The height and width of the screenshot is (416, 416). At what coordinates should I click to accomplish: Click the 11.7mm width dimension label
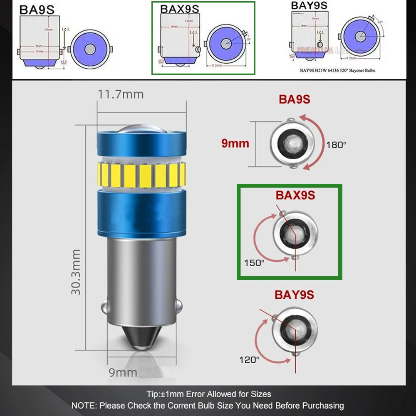click(121, 94)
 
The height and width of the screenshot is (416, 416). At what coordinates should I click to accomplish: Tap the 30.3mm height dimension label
click(76, 272)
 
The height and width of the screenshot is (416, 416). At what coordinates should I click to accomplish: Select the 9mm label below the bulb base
click(123, 372)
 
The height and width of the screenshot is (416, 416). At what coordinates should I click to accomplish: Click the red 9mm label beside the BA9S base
click(235, 144)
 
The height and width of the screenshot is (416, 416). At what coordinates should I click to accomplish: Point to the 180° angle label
click(336, 145)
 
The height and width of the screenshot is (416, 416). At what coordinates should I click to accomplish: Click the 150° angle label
click(254, 263)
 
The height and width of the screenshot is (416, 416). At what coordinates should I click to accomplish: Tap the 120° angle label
click(249, 359)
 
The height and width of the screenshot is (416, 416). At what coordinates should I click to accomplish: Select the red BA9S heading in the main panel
click(295, 99)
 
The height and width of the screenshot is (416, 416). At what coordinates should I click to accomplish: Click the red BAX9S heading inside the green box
click(295, 195)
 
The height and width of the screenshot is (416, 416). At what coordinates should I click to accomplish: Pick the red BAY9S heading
click(294, 295)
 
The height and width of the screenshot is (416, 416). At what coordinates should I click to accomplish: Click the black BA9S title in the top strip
click(37, 9)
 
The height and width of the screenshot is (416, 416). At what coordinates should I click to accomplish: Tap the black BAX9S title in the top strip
click(179, 9)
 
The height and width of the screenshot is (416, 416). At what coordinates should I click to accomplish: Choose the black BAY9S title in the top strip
click(309, 5)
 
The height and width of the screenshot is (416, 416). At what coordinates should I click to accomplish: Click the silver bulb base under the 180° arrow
click(292, 143)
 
